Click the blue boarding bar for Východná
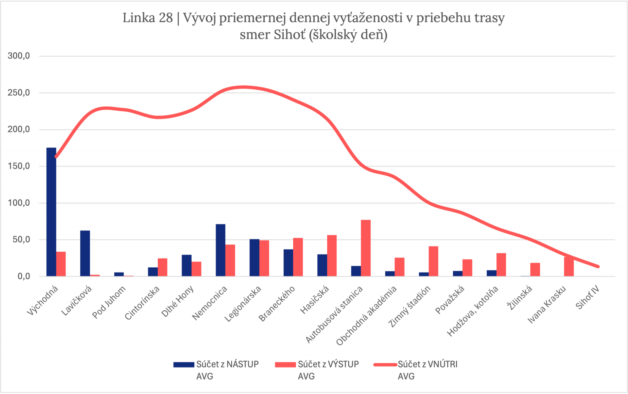[x=51, y=212]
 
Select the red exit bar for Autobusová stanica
[x=366, y=248]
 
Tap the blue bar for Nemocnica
[x=220, y=250]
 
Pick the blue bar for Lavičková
[x=85, y=253]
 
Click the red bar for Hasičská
[x=332, y=256]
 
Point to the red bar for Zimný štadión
[x=433, y=261]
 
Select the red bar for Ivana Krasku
[x=569, y=267]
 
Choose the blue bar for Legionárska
[x=254, y=258]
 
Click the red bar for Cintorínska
[x=163, y=267]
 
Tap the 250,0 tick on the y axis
[x=19, y=93]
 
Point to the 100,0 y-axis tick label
[x=19, y=203]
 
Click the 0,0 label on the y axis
[x=24, y=276]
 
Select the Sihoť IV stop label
[x=587, y=297]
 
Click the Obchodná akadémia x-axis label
[x=366, y=316]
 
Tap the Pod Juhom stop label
[x=109, y=302]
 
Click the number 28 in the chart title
[x=166, y=18]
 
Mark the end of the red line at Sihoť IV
[x=598, y=267]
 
